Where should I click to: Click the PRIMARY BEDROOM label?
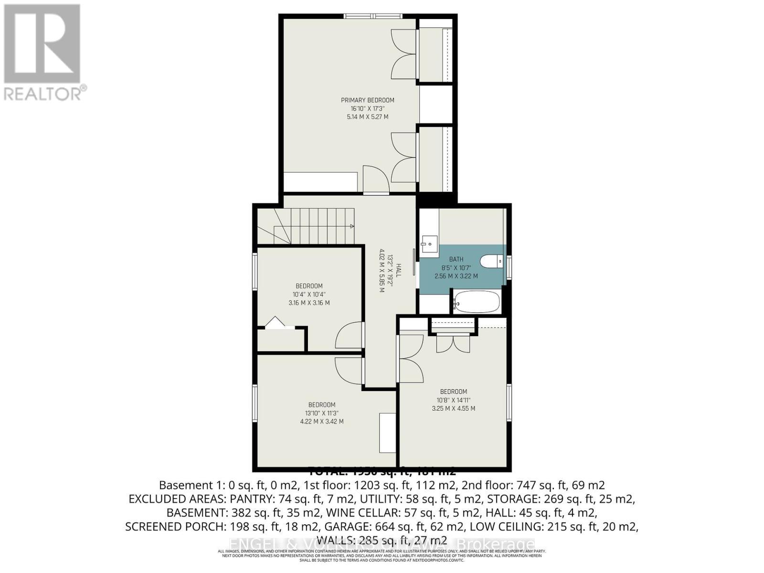367,100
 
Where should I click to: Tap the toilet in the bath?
491,261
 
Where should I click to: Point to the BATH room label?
456,259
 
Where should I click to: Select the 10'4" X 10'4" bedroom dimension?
309,295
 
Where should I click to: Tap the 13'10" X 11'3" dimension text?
321,413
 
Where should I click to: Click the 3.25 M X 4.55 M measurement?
453,409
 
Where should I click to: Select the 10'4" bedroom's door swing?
350,335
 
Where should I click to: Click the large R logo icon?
42,43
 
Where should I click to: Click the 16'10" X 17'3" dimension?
367,108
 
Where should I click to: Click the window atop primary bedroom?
374,16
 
